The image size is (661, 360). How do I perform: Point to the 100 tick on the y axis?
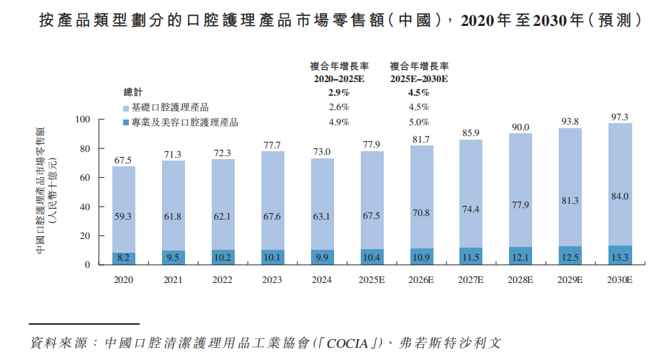pyautogui.click(x=83, y=120)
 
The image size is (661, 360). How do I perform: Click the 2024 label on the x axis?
pyautogui.click(x=322, y=279)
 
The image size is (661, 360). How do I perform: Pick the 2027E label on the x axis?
pyautogui.click(x=471, y=279)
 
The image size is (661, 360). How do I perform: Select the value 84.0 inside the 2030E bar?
pyautogui.click(x=620, y=197)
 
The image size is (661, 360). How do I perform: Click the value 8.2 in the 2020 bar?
pyautogui.click(x=123, y=257)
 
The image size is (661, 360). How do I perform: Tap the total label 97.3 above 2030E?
pyautogui.click(x=620, y=117)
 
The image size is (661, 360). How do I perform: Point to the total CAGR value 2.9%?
pyautogui.click(x=338, y=92)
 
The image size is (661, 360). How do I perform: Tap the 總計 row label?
pyautogui.click(x=133, y=92)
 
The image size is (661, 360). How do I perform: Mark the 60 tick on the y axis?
pyautogui.click(x=85, y=178)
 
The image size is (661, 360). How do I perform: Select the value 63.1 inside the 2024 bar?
pyautogui.click(x=322, y=214)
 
